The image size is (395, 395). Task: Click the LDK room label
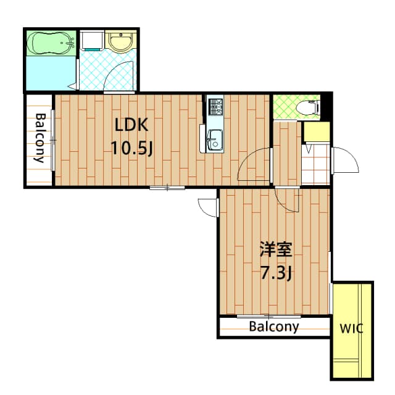tap(131, 125)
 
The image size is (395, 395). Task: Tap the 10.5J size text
tap(131, 148)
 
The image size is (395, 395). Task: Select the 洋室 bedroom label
tap(276, 249)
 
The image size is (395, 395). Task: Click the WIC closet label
tap(351, 328)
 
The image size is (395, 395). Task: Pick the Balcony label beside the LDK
tap(40, 138)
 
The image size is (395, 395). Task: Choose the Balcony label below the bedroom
tap(274, 326)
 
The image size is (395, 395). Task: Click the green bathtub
tap(51, 43)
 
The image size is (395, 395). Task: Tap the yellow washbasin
tap(121, 41)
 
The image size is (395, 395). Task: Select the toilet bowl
tap(307, 108)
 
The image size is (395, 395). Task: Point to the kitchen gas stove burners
tap(215, 107)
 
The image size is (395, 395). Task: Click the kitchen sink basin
tap(215, 140)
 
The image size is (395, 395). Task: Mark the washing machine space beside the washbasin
tap(92, 39)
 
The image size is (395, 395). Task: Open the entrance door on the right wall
tap(345, 160)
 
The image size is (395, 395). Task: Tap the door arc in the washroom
tap(118, 75)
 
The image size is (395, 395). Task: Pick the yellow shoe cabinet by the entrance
tap(317, 131)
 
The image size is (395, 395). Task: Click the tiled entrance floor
tap(316, 164)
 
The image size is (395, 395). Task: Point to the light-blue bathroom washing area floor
tap(51, 73)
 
